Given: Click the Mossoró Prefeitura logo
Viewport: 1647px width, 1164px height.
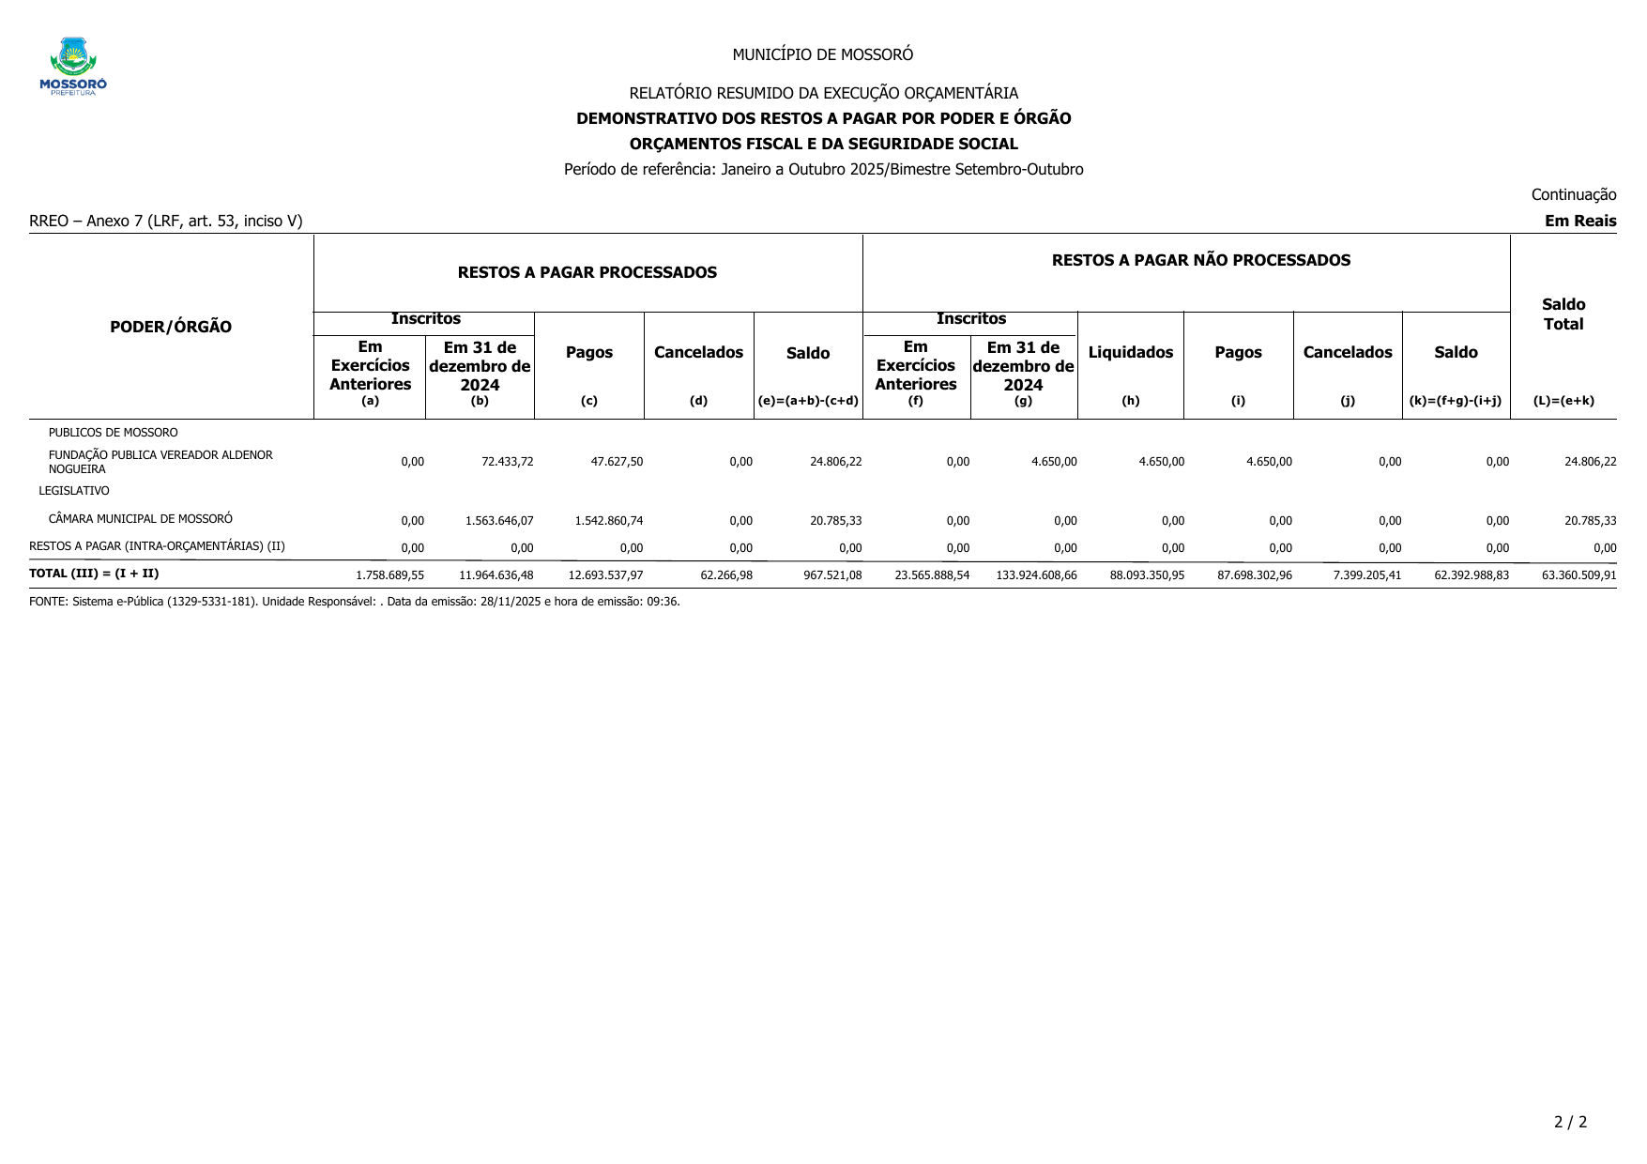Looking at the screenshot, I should tap(73, 66).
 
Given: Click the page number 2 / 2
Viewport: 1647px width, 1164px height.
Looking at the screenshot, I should tap(1570, 1122).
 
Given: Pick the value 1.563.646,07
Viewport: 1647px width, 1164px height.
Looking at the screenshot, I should tap(499, 521).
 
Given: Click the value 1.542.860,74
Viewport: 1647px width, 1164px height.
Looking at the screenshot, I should tap(608, 521).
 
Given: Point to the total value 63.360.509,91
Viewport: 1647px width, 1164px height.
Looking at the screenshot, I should tap(1578, 575).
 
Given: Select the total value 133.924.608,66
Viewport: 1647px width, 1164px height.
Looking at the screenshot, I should tap(1036, 575).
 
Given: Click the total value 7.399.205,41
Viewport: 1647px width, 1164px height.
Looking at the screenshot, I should tap(1366, 575).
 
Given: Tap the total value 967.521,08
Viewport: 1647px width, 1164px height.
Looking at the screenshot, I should tap(832, 575).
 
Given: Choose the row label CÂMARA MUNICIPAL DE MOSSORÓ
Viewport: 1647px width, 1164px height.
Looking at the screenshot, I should tap(141, 519).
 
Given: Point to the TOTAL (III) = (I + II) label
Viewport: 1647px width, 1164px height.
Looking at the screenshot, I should tap(94, 574).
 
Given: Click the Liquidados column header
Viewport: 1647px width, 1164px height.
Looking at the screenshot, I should tap(1130, 353).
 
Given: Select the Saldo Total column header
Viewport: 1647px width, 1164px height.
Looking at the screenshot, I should tap(1563, 314).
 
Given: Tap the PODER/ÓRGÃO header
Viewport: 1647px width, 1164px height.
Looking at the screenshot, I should tap(171, 327).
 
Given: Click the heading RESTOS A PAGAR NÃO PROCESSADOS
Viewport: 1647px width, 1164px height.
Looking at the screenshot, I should tap(1200, 261).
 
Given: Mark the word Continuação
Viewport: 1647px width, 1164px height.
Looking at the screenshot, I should tap(1573, 194).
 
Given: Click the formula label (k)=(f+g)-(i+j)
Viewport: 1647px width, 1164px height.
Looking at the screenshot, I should tap(1455, 401).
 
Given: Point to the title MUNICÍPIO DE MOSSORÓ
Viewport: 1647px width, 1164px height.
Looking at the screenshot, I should tap(822, 54).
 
